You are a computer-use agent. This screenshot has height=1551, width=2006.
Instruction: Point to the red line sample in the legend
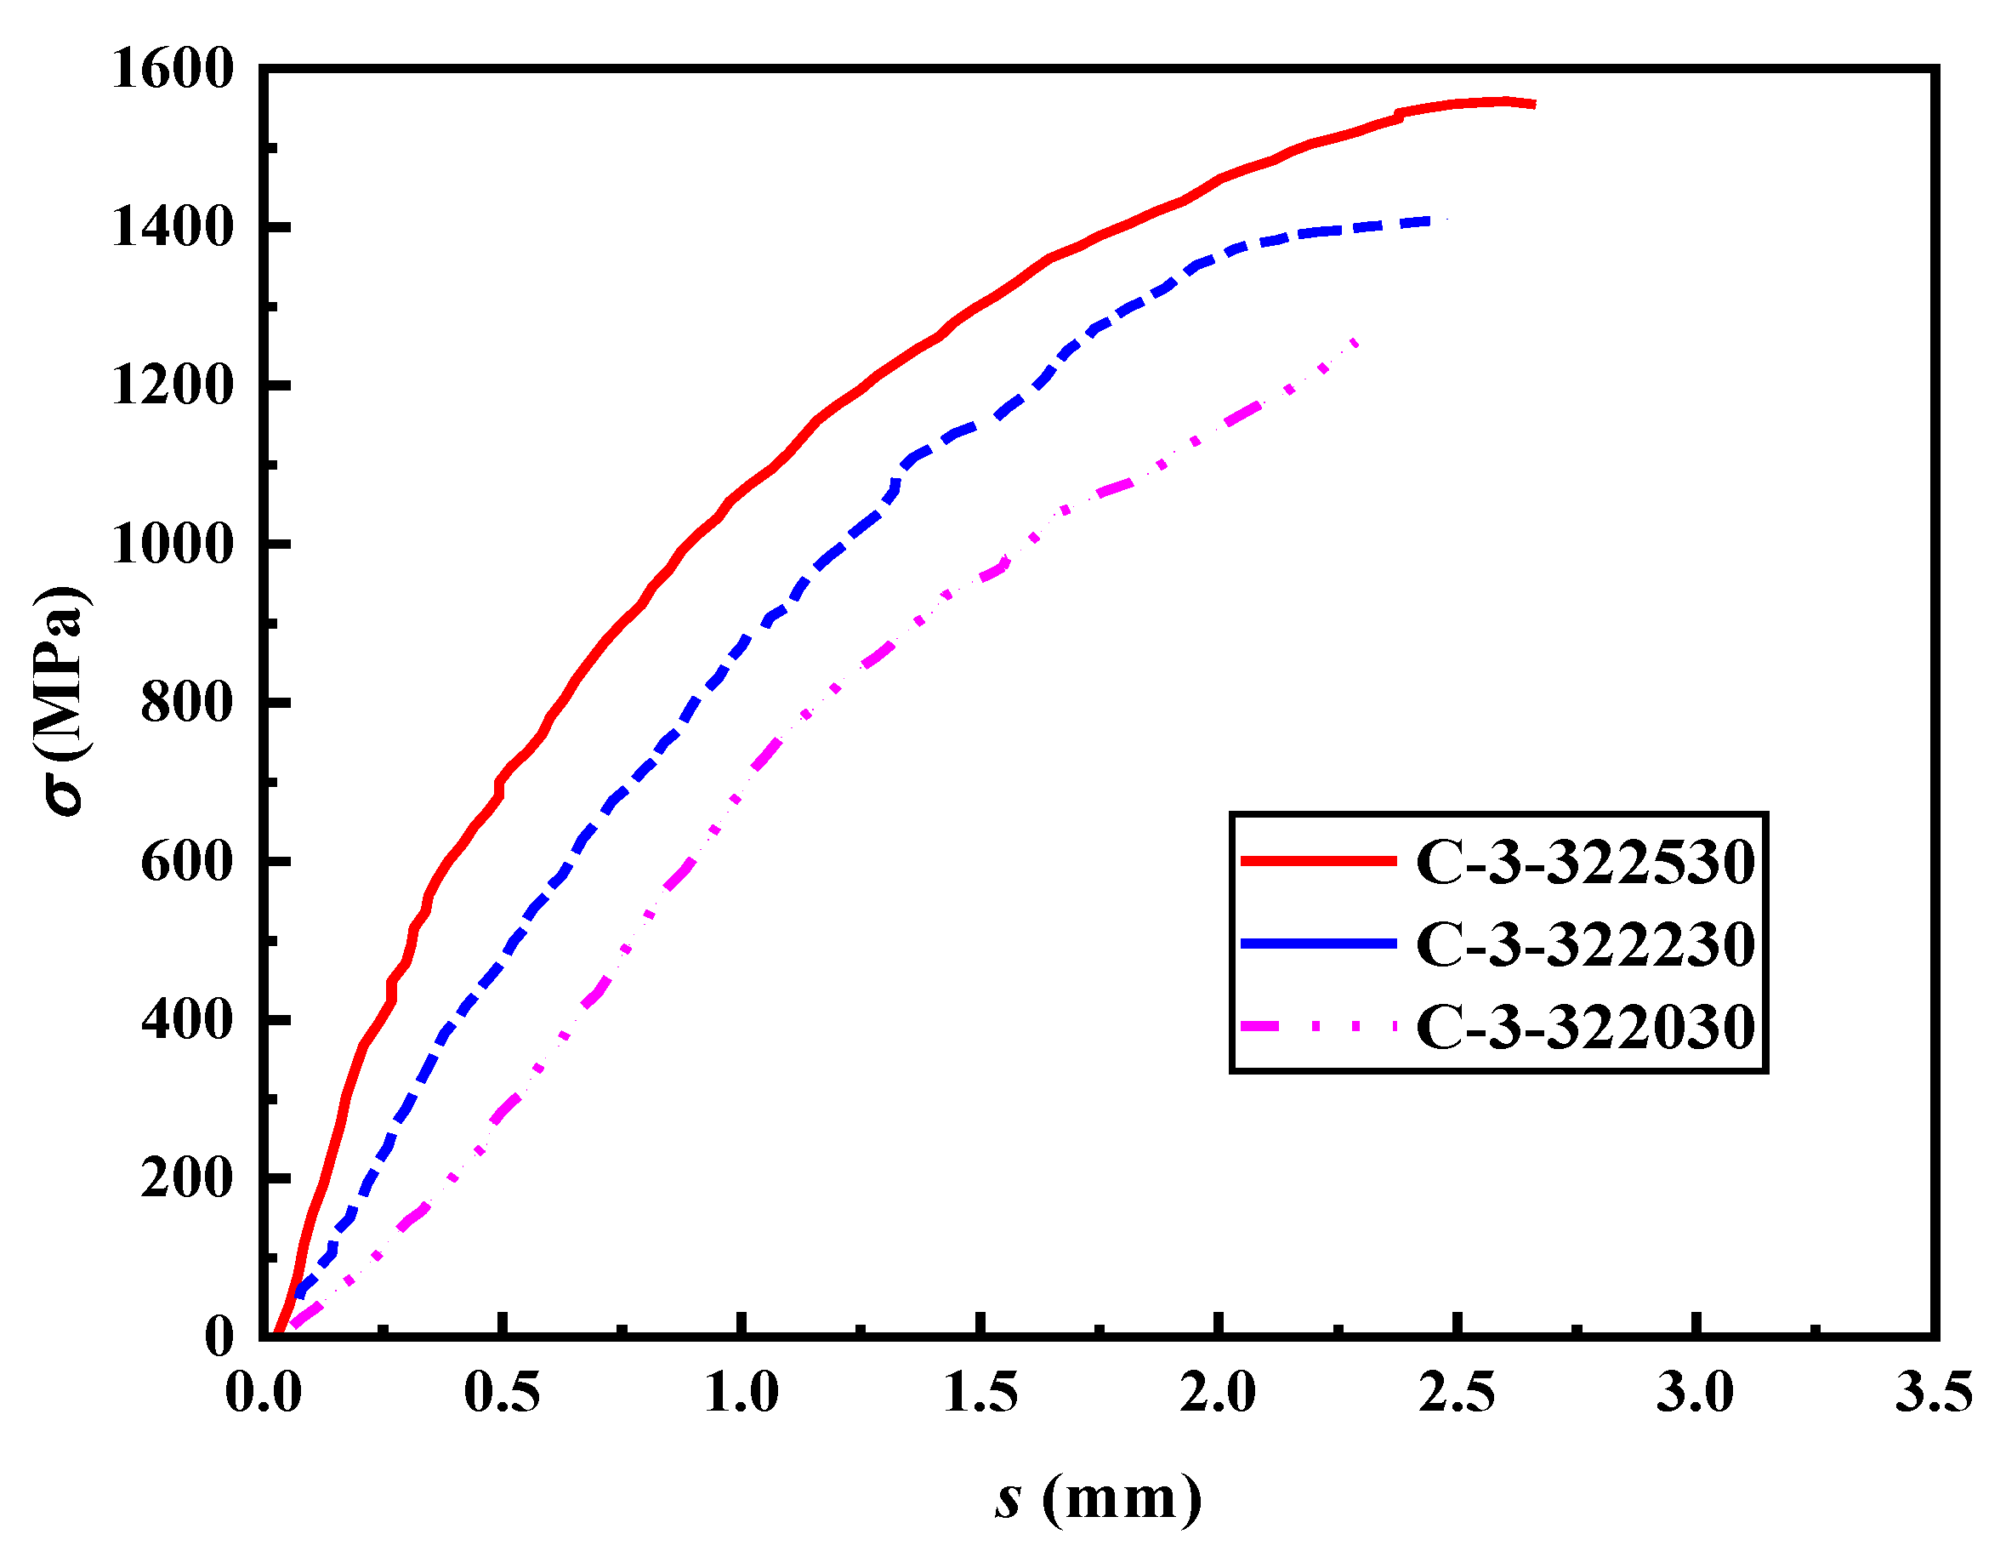[x=1318, y=861]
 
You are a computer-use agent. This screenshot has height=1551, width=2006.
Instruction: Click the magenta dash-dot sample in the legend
[x=1318, y=1025]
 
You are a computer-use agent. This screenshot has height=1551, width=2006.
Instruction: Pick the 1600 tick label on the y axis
[x=173, y=69]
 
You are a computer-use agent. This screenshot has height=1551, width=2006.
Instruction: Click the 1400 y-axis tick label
[x=173, y=227]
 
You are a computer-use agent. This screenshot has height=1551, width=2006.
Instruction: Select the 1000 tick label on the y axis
[x=173, y=544]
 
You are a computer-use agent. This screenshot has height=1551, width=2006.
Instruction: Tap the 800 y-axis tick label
[x=187, y=703]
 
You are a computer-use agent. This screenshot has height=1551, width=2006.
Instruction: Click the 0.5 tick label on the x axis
[x=502, y=1393]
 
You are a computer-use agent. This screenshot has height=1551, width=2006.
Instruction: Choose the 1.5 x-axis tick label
[x=980, y=1393]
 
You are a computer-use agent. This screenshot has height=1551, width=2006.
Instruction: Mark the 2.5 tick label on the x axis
[x=1457, y=1393]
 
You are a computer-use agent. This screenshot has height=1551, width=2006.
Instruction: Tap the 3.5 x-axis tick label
[x=1935, y=1393]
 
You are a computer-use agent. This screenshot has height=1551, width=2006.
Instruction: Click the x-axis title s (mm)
[x=1099, y=1497]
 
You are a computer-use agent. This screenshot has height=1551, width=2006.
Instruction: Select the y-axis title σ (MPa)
[x=62, y=700]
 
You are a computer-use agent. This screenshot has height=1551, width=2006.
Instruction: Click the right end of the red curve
[x=1533, y=105]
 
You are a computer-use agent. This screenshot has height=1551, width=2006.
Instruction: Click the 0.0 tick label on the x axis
[x=264, y=1393]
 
